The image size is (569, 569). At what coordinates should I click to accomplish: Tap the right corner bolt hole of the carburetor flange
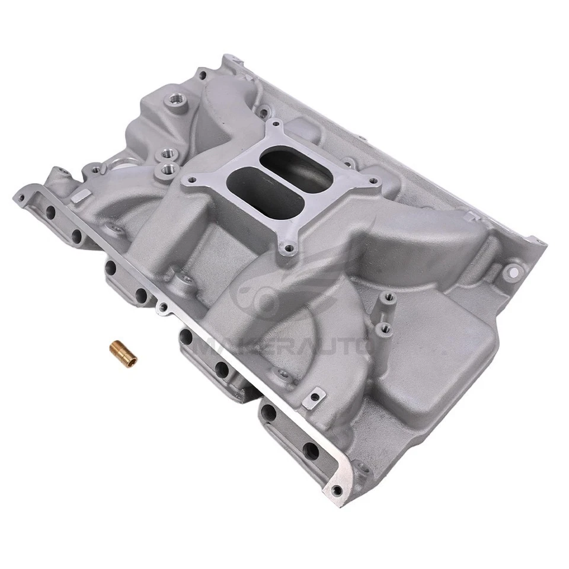(373, 178)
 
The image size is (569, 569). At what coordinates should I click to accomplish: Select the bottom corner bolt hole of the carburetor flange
(289, 250)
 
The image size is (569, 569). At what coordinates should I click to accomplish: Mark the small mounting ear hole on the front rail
(161, 308)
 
